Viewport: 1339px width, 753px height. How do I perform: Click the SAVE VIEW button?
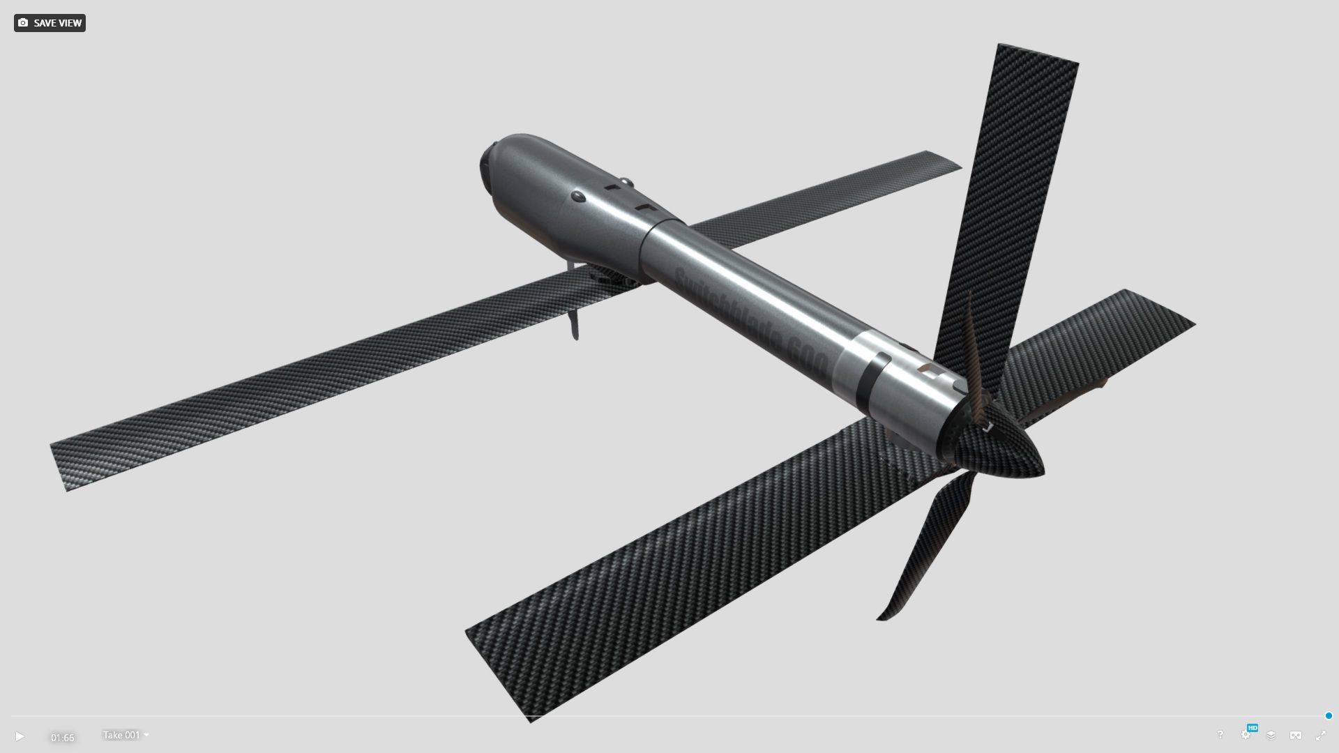tap(50, 23)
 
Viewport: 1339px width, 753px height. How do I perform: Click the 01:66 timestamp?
tap(62, 738)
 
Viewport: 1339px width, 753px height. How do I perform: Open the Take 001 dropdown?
tap(126, 735)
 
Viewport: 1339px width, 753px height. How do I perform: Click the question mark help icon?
tap(1220, 735)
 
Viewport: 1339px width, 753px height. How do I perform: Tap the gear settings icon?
tap(1245, 736)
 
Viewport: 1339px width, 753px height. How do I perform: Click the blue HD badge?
tap(1253, 728)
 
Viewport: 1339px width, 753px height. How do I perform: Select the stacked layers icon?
tap(1271, 736)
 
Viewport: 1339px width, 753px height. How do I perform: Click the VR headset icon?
tap(1296, 736)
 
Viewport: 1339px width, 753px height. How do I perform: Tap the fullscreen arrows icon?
tap(1321, 736)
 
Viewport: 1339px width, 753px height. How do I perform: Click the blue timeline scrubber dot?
tap(1329, 716)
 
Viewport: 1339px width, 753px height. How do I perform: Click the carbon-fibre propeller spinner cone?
tap(1004, 450)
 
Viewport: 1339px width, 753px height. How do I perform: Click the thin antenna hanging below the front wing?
tap(574, 321)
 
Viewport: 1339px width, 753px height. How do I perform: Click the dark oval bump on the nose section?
tap(578, 196)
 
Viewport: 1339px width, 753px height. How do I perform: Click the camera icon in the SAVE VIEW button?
tap(23, 23)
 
